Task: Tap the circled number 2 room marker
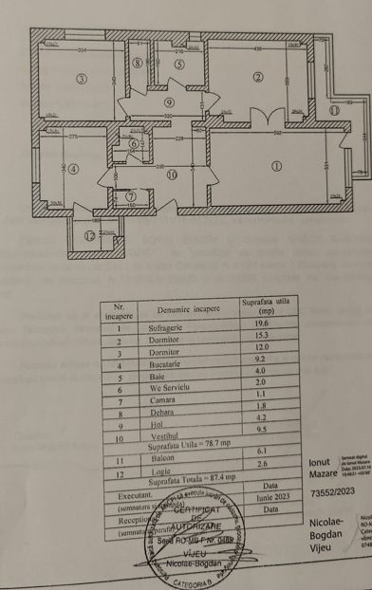256,78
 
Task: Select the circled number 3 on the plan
83,79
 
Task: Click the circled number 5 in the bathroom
179,65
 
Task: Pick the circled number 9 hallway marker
170,102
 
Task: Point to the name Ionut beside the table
323,462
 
